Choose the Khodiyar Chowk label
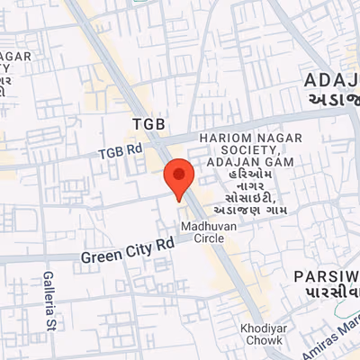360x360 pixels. [x=264, y=334]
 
